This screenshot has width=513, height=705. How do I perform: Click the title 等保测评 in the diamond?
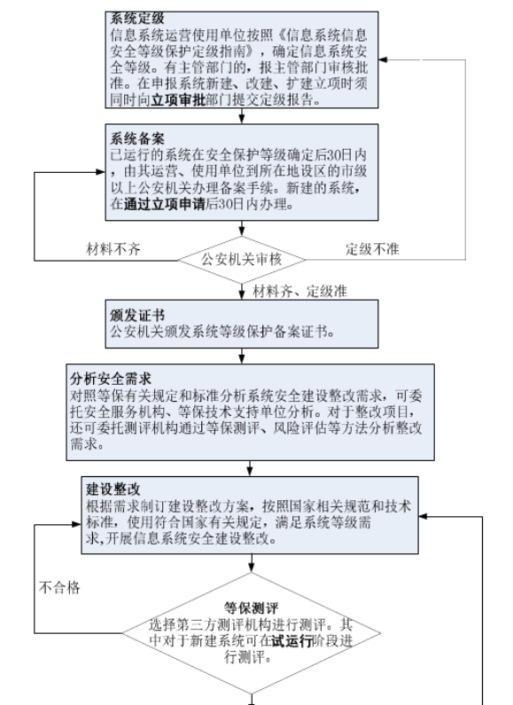[253, 609]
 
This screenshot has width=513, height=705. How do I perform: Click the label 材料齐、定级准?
[291, 291]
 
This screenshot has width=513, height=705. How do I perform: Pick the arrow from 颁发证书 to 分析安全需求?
[241, 356]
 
